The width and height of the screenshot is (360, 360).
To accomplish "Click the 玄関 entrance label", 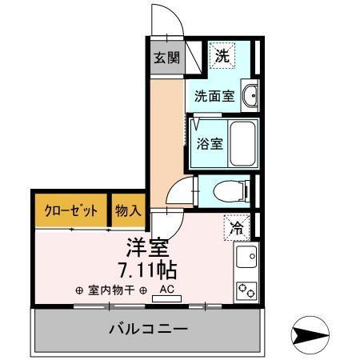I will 166,57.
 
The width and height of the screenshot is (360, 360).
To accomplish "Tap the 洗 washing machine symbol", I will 222,55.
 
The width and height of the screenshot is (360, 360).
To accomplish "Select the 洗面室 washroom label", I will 214,97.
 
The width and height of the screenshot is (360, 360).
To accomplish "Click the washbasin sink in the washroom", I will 250,96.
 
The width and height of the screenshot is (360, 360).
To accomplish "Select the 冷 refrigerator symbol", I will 237,227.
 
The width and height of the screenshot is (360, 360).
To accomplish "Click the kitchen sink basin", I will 246,258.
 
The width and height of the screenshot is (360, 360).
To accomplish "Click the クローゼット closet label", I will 70,211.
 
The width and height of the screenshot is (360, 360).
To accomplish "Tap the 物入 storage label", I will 128,211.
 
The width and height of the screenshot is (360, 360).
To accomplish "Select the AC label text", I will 167,289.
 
